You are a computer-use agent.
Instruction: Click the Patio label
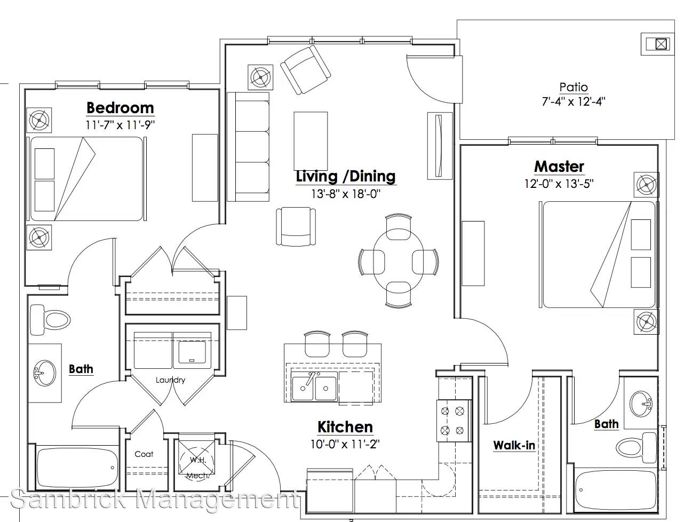574,87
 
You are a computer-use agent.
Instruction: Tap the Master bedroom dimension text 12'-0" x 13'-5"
559,184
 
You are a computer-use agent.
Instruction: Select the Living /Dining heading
346,176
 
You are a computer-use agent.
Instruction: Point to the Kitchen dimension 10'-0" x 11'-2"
345,444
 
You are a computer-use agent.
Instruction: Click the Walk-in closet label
514,445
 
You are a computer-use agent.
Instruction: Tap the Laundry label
170,380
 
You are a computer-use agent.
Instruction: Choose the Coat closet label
144,454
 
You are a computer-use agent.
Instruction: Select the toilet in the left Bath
50,320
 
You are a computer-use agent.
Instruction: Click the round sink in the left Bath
45,373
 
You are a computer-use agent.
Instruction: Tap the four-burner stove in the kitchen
453,421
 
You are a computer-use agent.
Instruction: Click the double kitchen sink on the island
314,386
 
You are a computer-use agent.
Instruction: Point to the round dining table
398,260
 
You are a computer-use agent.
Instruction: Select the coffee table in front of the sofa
311,141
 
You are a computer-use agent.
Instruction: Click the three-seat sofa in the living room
248,147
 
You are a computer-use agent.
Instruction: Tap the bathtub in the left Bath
77,467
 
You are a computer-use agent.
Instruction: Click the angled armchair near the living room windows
305,70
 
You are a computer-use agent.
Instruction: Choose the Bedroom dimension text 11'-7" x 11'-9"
120,125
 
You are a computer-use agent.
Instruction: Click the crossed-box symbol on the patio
661,44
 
